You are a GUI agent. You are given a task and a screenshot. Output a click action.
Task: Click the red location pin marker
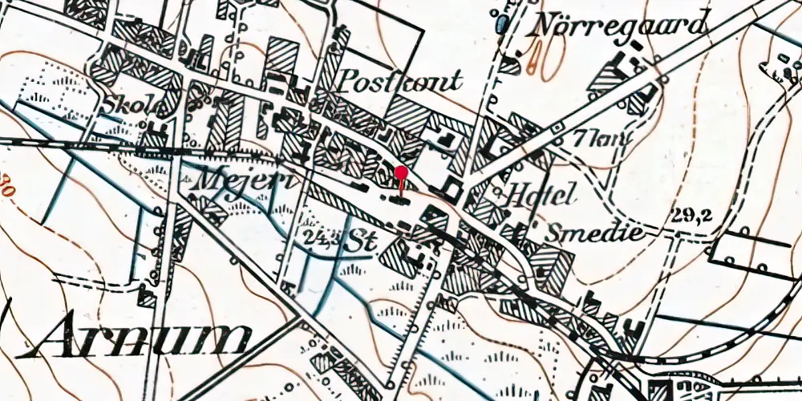402,172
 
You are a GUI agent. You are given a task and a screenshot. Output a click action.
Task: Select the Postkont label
402,80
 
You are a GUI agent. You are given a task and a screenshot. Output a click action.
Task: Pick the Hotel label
544,194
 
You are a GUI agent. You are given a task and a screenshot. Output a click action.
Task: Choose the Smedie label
594,233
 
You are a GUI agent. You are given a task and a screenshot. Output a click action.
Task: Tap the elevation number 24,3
321,235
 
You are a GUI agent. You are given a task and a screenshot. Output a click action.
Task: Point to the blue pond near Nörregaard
503,24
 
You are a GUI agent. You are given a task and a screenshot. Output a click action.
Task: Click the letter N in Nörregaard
546,24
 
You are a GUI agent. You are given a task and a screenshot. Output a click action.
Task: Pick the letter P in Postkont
350,79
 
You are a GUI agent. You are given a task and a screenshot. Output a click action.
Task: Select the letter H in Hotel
516,194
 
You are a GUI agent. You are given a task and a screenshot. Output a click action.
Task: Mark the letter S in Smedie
556,233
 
